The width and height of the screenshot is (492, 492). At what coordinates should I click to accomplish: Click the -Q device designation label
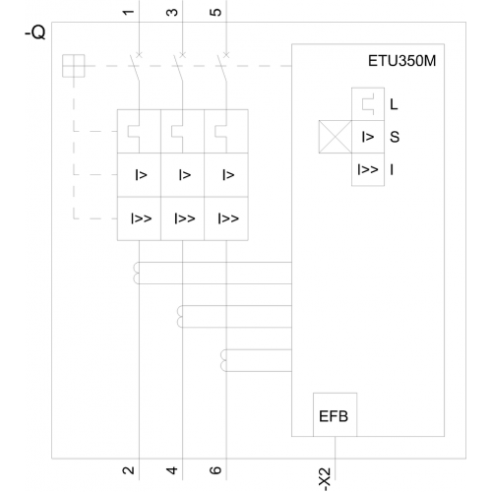(35, 32)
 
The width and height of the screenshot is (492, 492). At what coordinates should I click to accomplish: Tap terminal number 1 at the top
(128, 13)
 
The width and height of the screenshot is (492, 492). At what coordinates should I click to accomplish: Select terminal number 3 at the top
(172, 13)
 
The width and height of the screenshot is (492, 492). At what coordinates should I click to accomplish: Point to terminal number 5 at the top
(215, 13)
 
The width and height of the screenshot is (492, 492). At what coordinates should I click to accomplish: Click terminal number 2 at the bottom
(128, 470)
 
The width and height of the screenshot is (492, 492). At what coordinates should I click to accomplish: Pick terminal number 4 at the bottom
(172, 470)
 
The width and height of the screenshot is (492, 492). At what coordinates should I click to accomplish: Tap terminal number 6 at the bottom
(215, 470)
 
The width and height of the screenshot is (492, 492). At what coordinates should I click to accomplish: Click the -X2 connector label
(325, 479)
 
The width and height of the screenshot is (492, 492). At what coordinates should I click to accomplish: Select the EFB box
(335, 414)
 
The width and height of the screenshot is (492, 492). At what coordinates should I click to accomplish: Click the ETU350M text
(401, 61)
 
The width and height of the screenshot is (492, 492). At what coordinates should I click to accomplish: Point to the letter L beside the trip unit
(394, 104)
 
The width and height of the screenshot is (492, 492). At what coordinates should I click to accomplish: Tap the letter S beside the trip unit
(395, 137)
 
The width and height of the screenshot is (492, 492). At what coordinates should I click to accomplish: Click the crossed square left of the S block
(336, 137)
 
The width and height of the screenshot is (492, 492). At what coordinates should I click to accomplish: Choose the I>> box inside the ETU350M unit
(368, 169)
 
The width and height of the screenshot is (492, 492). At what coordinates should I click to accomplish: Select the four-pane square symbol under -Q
(74, 66)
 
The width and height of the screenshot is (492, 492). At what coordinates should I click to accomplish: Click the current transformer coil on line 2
(136, 273)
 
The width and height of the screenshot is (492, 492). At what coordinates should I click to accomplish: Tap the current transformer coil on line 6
(223, 360)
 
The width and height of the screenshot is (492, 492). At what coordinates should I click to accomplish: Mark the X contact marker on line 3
(183, 55)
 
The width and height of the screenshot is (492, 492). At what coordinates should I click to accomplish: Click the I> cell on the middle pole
(183, 175)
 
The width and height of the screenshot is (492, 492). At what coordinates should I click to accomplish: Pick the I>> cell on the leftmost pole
(139, 218)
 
